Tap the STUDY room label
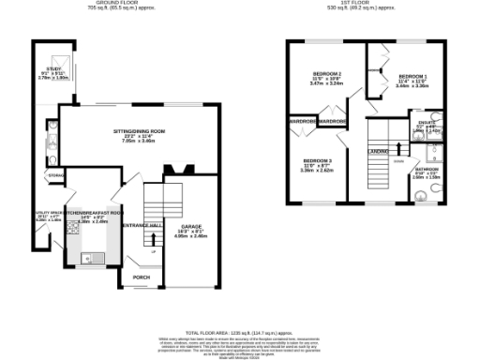click(x=56, y=70)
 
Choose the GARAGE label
click(x=192, y=227)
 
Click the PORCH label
click(x=142, y=277)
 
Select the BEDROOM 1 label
click(x=412, y=76)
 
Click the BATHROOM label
click(x=426, y=169)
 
